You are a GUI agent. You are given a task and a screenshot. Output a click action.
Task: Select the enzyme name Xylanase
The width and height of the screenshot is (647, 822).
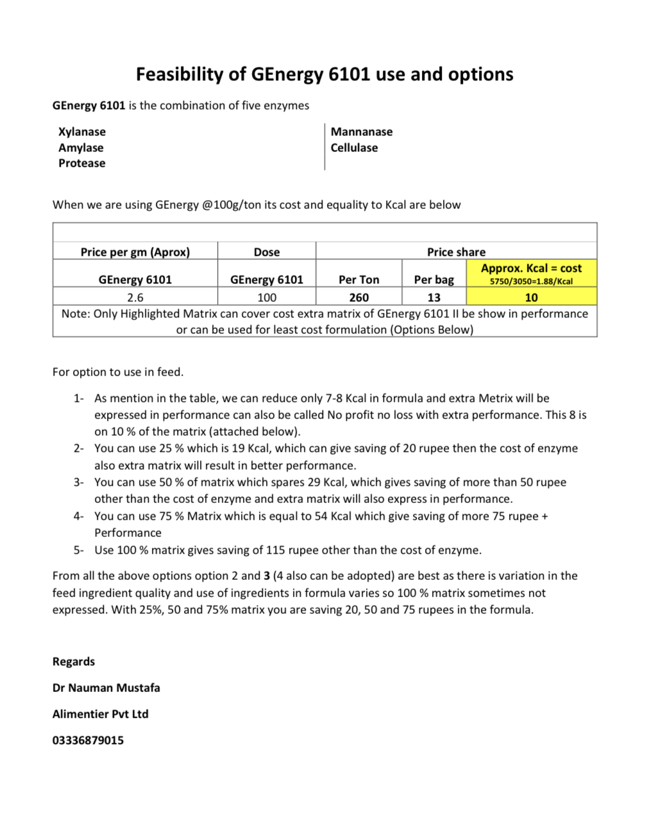(x=82, y=132)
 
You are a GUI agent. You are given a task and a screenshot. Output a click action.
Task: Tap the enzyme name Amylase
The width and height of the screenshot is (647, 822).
(x=81, y=148)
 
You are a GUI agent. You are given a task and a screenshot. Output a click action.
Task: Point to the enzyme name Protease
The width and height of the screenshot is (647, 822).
(x=81, y=163)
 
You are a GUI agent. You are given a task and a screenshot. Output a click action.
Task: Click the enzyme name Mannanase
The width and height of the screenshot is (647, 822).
(x=362, y=132)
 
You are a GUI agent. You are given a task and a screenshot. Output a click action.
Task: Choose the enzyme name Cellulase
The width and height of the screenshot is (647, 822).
(x=354, y=148)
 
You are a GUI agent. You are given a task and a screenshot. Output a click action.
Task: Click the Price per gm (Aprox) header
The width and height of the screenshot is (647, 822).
(x=135, y=252)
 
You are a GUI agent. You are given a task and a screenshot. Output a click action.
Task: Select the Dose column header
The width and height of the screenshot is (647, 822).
(x=267, y=252)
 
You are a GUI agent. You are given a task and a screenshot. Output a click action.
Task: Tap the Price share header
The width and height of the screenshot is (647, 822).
(x=456, y=252)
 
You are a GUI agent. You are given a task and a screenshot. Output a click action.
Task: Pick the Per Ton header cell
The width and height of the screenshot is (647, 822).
(x=359, y=279)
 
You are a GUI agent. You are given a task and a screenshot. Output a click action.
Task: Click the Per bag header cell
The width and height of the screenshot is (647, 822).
(x=434, y=279)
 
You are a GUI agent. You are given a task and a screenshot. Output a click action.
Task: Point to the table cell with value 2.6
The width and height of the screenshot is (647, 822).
(x=135, y=297)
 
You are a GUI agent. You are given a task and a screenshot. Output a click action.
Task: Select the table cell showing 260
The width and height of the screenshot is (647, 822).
(x=359, y=297)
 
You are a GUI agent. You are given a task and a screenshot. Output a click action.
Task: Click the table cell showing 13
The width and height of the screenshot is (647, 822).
(x=434, y=297)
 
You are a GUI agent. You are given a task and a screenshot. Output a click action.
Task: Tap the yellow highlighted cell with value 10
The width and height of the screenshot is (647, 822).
(x=532, y=297)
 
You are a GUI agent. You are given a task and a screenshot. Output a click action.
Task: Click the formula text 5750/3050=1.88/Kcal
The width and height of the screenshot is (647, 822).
(x=532, y=281)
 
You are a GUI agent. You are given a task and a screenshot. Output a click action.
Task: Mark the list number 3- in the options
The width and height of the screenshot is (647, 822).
(x=78, y=482)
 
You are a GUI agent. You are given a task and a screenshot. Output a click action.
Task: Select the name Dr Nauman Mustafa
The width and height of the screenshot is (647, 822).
(x=106, y=688)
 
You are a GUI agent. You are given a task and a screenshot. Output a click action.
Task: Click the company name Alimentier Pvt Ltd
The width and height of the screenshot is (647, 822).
(x=101, y=714)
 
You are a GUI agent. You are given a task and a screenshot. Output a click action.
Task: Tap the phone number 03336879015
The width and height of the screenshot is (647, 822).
(x=88, y=741)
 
